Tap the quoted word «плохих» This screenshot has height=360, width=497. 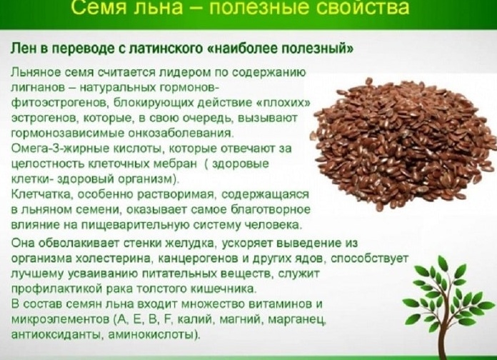click(289, 101)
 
